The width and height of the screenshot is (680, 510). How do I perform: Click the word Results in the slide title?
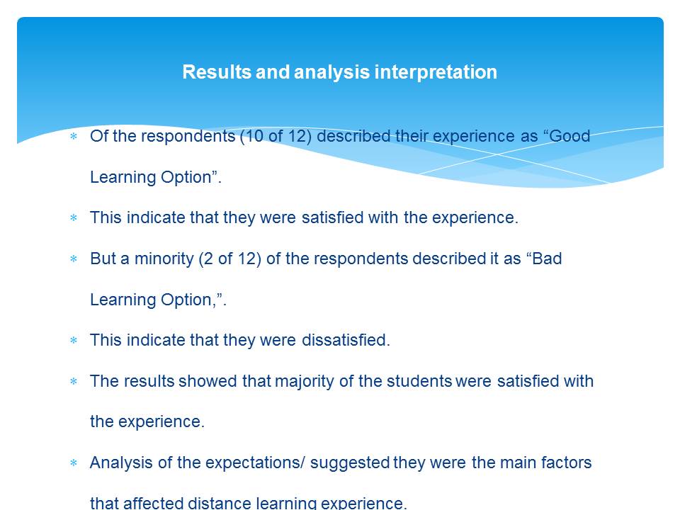click(x=217, y=72)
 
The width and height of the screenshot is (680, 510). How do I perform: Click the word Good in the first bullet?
click(x=569, y=136)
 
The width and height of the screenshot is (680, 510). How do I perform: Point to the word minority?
click(x=164, y=259)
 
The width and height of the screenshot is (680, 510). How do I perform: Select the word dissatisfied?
click(x=344, y=341)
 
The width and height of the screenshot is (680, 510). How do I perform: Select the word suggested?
click(x=350, y=463)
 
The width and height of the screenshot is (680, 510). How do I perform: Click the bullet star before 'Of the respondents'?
click(x=74, y=136)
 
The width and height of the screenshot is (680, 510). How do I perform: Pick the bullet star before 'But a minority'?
click(x=74, y=259)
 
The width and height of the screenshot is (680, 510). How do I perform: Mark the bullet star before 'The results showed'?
click(x=74, y=382)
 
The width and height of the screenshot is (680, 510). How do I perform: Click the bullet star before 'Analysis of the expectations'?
click(x=74, y=463)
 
